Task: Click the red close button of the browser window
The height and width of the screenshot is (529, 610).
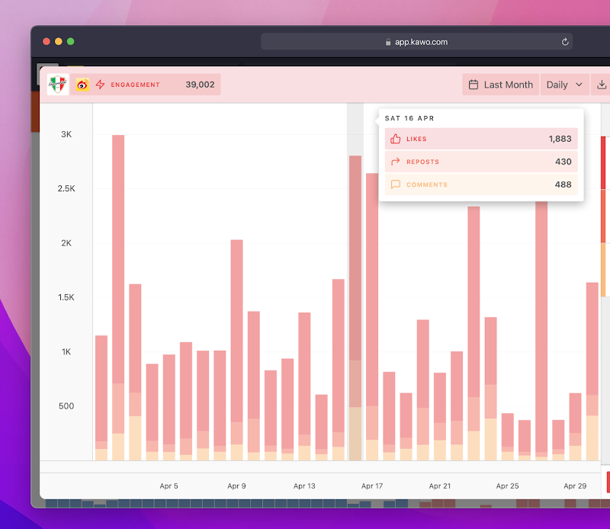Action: (x=47, y=42)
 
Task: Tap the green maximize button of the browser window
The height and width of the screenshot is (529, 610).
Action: (x=70, y=42)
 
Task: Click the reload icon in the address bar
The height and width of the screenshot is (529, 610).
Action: (x=565, y=42)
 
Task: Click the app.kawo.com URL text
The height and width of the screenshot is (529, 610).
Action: (x=422, y=42)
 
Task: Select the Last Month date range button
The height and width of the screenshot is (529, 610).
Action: (x=501, y=85)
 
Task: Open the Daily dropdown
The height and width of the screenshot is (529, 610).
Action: (x=564, y=85)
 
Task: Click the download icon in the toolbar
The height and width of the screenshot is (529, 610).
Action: (x=602, y=85)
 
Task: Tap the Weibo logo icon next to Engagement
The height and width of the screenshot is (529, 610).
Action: (x=82, y=85)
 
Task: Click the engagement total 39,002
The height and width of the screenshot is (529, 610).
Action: (x=200, y=85)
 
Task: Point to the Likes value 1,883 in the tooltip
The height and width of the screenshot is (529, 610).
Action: (x=560, y=139)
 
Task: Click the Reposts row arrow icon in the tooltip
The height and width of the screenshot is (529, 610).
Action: (x=395, y=162)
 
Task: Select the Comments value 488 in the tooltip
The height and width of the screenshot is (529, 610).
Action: (x=563, y=184)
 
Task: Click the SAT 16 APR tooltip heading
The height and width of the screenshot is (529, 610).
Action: (x=409, y=118)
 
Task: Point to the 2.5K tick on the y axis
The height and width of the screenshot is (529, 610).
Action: (x=66, y=188)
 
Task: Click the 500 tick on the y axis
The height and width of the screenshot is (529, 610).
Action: (x=66, y=406)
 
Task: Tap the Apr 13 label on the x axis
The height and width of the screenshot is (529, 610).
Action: (x=304, y=486)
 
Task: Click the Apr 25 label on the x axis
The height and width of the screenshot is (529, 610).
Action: (x=507, y=486)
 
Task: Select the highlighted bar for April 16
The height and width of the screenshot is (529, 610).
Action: (x=355, y=308)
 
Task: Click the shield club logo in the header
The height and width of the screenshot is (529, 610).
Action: (x=58, y=85)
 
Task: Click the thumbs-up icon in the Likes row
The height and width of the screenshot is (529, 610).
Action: (x=395, y=139)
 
